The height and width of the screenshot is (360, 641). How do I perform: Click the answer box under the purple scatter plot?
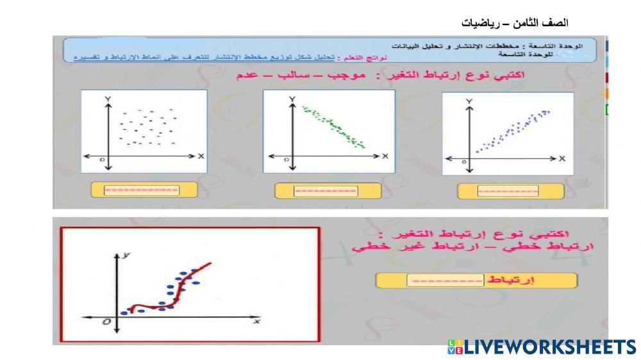(142, 190)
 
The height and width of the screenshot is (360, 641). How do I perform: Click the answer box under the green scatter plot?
(325, 191)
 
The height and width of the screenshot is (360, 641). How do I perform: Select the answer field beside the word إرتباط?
(445, 281)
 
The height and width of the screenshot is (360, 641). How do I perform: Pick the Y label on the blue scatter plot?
(470, 102)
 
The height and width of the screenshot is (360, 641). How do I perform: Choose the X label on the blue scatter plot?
(562, 158)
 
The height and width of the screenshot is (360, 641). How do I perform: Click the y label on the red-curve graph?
(128, 254)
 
